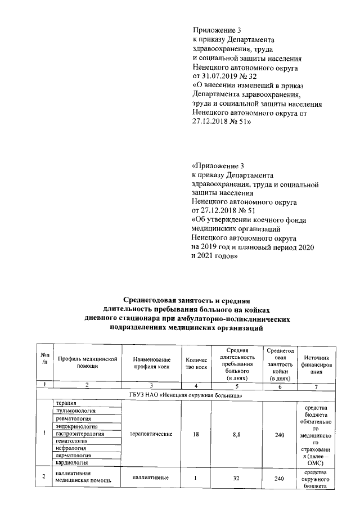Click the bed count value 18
(196, 434)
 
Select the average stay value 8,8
(237, 434)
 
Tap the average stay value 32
(237, 478)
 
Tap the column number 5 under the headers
(237, 385)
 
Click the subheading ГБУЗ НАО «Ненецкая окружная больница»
(186, 395)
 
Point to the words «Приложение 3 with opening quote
(218, 166)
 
